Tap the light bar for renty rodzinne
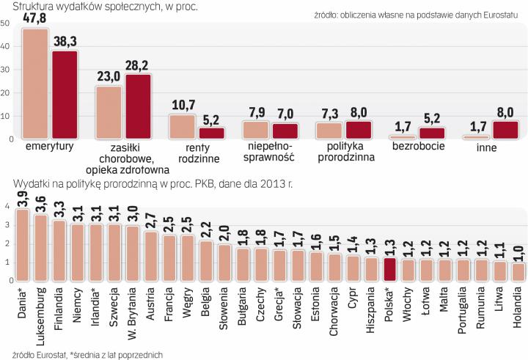pyautogui.click(x=183, y=126)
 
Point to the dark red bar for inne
pyautogui.click(x=506, y=130)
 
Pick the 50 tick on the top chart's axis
pyautogui.click(x=5, y=23)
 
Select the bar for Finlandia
pyautogui.click(x=59, y=250)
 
